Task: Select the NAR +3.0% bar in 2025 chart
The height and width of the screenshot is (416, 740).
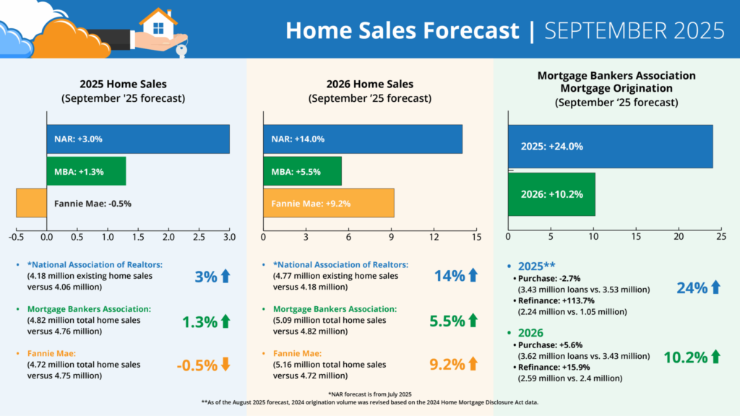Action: coord(138,139)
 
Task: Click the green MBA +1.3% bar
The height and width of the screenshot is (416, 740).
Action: coord(86,171)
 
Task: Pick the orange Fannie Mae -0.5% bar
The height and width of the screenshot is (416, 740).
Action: coord(31,203)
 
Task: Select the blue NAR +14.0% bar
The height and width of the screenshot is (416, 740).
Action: coord(362,139)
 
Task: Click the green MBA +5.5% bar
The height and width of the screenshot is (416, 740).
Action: coord(302,171)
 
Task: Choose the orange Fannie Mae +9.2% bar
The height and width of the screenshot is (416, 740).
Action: coord(328,203)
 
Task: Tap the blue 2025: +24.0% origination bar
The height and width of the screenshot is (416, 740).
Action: coord(610,146)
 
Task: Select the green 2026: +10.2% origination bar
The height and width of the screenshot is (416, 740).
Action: coord(551,194)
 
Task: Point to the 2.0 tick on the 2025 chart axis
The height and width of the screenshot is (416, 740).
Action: coord(168,237)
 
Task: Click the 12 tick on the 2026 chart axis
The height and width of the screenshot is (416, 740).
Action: coord(434,237)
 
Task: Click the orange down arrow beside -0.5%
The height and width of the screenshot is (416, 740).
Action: coord(225,364)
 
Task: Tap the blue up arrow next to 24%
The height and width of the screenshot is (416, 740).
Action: coord(715,287)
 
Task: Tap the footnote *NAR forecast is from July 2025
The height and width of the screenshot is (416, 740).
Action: coord(370,392)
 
